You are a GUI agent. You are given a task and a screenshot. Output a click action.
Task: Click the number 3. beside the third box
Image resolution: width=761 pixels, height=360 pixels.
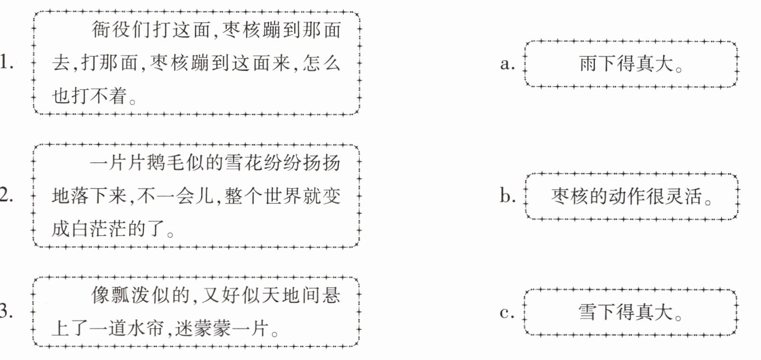[6, 311]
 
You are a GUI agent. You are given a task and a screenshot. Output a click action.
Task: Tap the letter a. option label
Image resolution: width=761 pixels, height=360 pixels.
[507, 63]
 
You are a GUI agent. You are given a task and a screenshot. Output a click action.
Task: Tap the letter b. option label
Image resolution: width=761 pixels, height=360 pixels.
[507, 195]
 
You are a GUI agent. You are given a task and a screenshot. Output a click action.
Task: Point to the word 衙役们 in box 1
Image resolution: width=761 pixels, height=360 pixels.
[121, 29]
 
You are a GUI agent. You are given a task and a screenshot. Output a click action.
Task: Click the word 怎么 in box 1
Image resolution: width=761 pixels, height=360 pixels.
[321, 63]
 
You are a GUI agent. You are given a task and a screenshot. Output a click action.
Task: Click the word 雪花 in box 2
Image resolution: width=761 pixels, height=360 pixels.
[243, 162]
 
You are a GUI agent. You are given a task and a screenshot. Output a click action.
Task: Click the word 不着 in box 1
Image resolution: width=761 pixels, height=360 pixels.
[109, 96]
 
